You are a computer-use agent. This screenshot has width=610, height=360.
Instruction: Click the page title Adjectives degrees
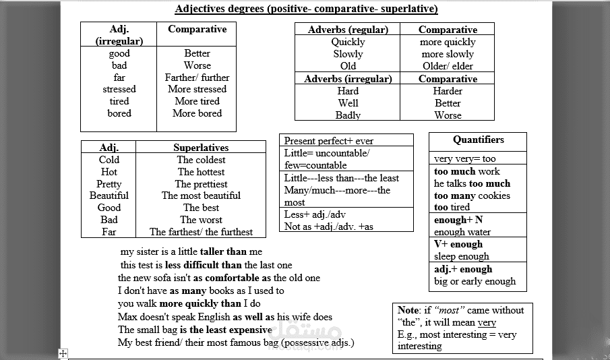[x=306, y=9]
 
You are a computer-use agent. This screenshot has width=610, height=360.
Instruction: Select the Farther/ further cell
[x=197, y=78]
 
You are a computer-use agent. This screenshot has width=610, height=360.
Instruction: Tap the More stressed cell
[x=197, y=89]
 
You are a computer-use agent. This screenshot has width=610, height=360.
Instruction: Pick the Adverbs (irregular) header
[x=348, y=79]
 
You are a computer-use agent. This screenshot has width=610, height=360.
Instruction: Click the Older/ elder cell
[x=448, y=66]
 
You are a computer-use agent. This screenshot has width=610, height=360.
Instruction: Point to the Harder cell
[x=448, y=91]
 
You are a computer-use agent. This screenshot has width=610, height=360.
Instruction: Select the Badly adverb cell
[x=348, y=115]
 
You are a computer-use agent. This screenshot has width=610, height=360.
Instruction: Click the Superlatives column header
[x=201, y=148]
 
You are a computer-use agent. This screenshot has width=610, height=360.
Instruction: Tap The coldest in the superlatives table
[x=201, y=160]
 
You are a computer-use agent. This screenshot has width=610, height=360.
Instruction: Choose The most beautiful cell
[x=201, y=196]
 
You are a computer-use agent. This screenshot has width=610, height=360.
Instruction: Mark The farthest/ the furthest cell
[x=201, y=232]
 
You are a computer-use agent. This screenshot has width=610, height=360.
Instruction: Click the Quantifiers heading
[x=478, y=140]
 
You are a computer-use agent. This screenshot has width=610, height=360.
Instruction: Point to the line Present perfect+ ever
[x=328, y=141]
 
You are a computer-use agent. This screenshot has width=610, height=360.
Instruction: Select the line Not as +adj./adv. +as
[x=328, y=227]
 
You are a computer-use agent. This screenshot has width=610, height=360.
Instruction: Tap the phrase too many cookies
[x=472, y=196]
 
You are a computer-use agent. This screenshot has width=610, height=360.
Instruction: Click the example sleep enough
[x=461, y=256]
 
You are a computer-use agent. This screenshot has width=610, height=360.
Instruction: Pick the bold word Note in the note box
[x=408, y=310]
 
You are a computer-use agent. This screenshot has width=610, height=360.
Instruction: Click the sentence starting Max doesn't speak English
[x=224, y=317]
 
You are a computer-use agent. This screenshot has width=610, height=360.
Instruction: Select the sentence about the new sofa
[x=218, y=278]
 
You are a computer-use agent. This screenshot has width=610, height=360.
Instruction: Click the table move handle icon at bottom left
[x=63, y=353]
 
